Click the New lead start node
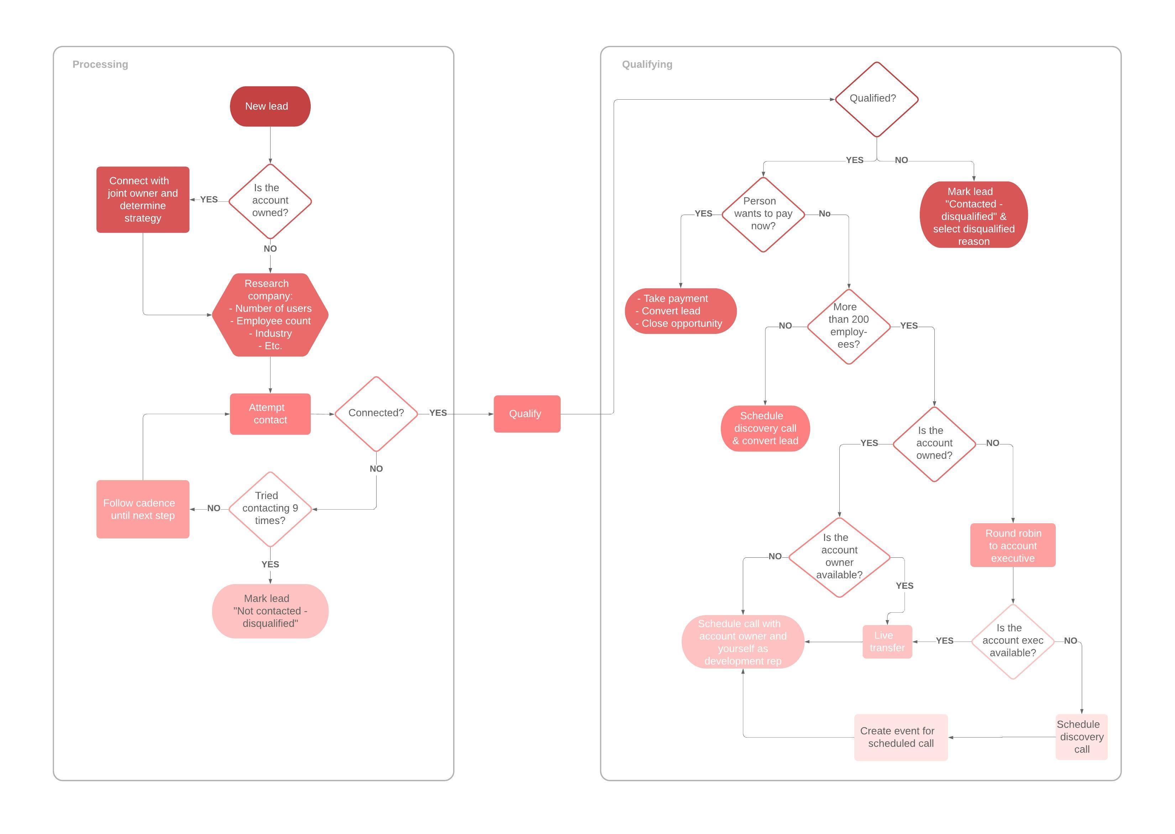click(270, 106)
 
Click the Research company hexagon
click(270, 314)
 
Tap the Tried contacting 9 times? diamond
click(270, 508)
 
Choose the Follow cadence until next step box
click(143, 509)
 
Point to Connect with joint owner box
click(143, 199)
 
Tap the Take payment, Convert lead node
click(681, 311)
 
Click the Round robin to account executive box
click(1012, 545)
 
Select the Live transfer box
click(887, 641)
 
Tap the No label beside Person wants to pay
click(824, 214)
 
